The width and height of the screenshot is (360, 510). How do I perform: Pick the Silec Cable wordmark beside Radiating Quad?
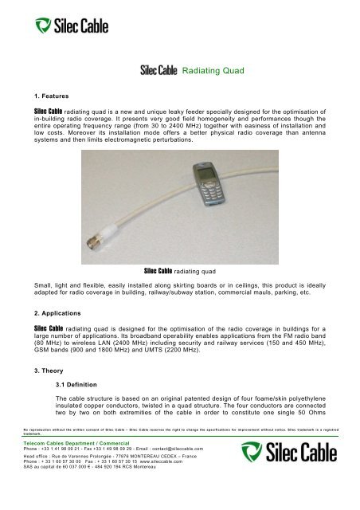click(160, 72)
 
